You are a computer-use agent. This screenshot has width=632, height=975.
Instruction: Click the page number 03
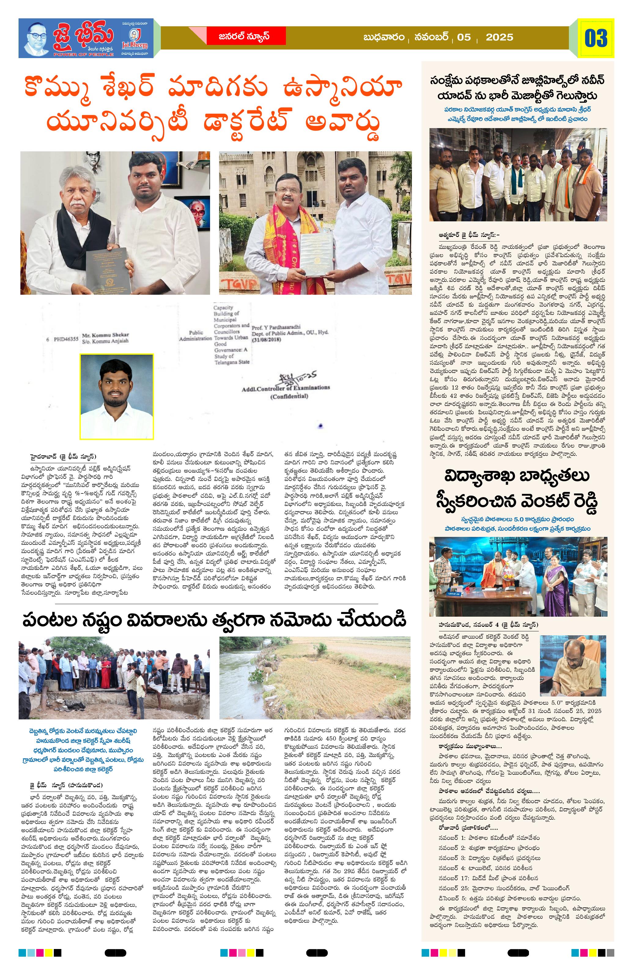[596, 38]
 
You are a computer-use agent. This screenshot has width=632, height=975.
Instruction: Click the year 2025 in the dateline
[499, 37]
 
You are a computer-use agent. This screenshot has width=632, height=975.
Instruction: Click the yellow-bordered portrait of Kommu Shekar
[117, 396]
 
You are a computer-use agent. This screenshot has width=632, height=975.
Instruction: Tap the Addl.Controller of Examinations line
[286, 388]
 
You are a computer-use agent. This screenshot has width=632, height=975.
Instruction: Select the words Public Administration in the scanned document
[195, 336]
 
